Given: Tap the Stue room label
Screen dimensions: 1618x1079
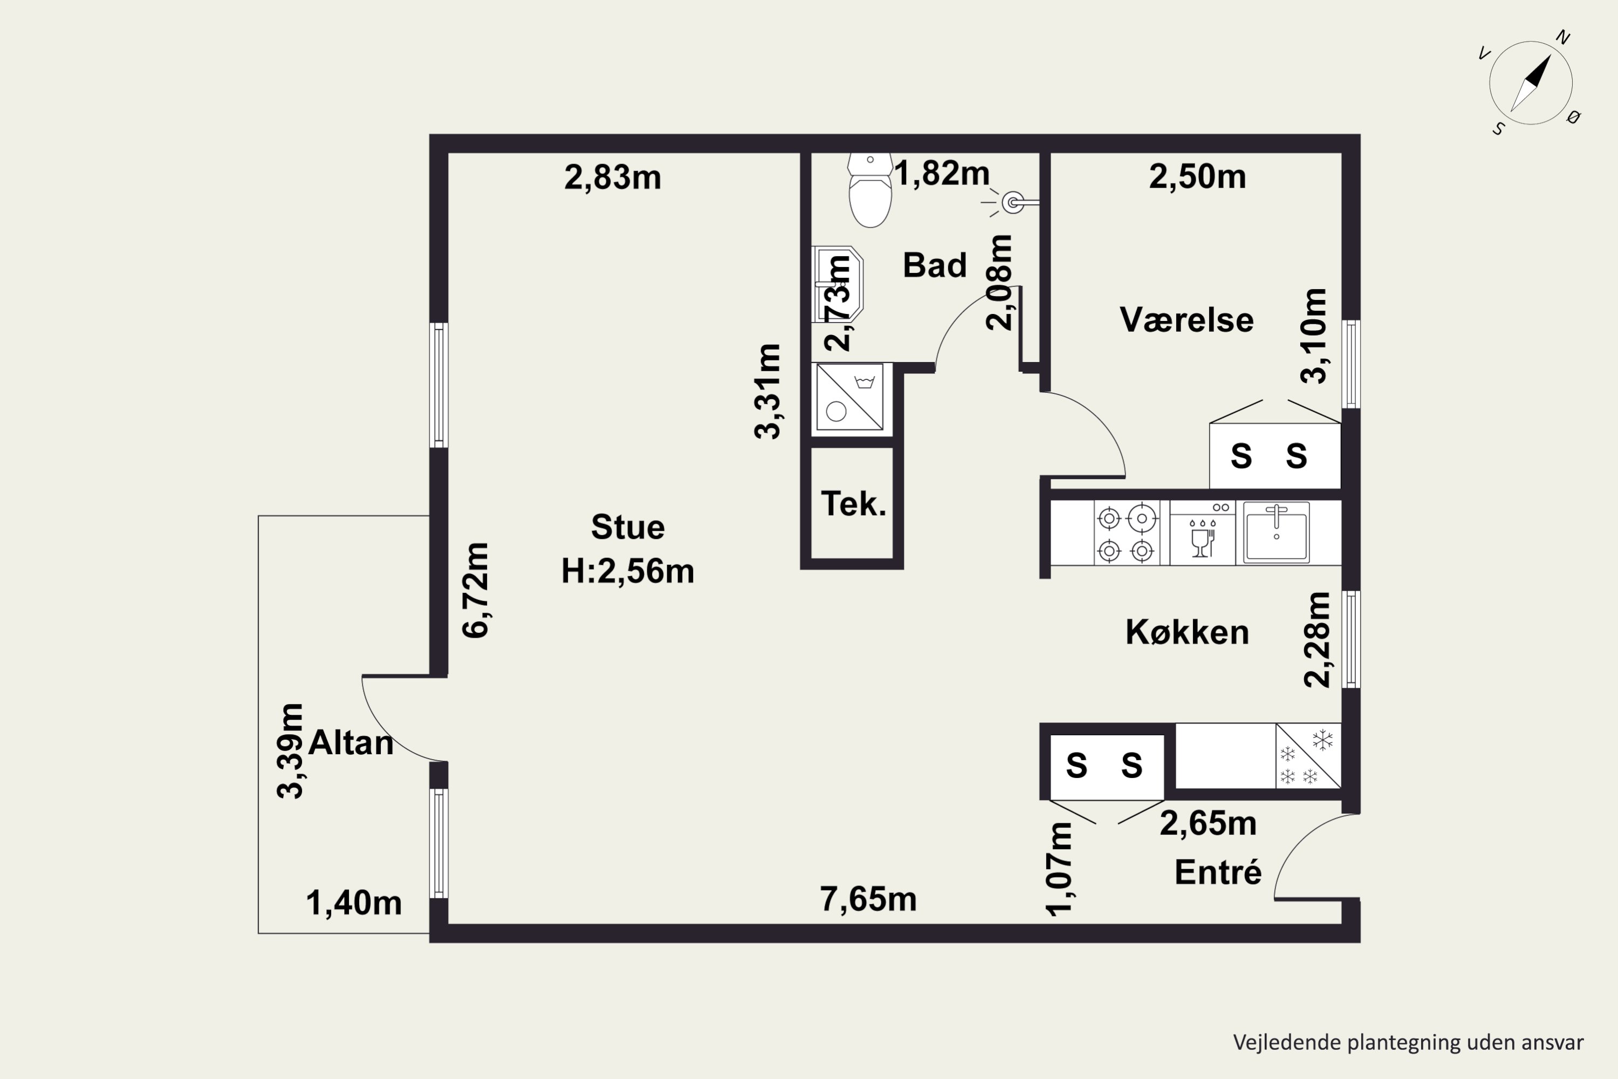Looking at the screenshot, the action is tap(627, 527).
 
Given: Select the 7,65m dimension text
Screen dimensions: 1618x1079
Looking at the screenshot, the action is tap(868, 899).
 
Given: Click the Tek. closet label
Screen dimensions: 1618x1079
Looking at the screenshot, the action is tap(853, 504).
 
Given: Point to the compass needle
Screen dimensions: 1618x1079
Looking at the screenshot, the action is tap(1531, 83).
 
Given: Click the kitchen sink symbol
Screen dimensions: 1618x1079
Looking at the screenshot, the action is tap(1276, 532).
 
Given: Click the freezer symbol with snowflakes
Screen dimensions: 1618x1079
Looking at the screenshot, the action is tap(1308, 756).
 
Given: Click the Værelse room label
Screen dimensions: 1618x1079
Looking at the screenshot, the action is tap(1187, 320).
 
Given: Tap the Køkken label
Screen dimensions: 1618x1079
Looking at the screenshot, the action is tap(1187, 632).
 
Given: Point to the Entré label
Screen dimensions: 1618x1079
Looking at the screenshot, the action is tap(1218, 872).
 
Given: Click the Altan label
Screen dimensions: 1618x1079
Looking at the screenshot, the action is tap(351, 742).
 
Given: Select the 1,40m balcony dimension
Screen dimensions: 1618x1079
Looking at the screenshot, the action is tap(354, 903).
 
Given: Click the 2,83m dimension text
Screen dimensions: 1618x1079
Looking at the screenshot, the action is tap(612, 177).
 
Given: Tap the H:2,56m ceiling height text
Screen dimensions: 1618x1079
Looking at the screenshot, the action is tap(627, 571).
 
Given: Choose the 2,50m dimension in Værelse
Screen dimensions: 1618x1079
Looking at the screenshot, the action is tap(1197, 176).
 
